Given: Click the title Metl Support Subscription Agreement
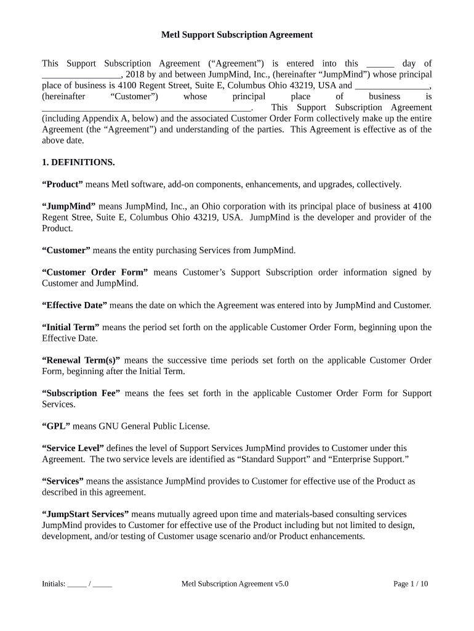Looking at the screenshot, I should click(237, 35).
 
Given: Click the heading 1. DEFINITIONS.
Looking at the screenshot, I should click(78, 163).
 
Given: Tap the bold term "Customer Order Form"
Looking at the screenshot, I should click(95, 272).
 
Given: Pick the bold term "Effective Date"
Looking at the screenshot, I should click(74, 306).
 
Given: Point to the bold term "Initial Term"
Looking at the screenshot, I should click(70, 327).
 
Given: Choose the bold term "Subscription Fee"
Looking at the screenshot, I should click(81, 393).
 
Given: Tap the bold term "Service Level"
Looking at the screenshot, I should click(73, 449).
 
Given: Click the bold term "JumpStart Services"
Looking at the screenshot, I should click(85, 515).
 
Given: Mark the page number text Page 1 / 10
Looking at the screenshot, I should click(411, 584).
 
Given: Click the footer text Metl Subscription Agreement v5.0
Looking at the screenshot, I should click(235, 584).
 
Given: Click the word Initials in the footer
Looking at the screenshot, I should click(53, 584).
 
